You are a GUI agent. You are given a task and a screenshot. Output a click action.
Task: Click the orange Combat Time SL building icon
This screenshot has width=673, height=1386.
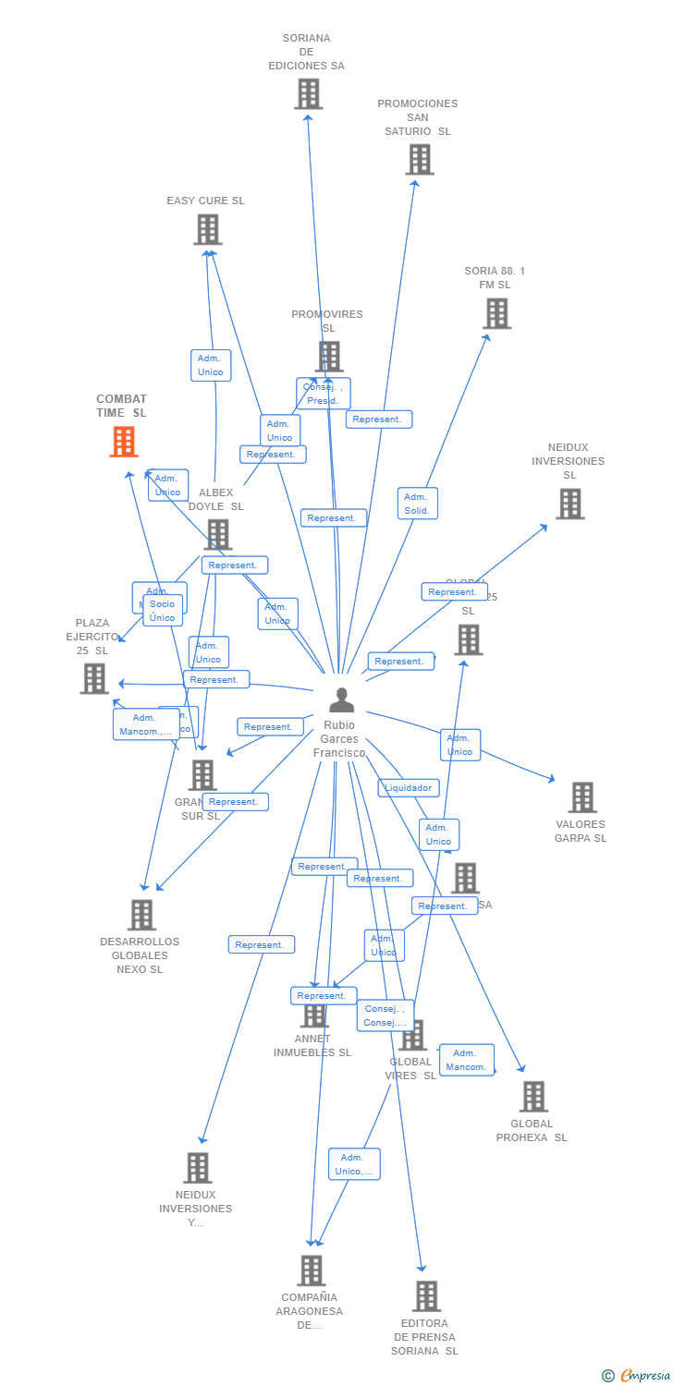[124, 442]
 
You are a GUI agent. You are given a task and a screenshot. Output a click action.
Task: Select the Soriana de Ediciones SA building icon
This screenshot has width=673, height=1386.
[309, 93]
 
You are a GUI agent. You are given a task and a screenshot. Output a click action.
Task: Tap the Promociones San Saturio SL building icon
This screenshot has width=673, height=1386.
[420, 159]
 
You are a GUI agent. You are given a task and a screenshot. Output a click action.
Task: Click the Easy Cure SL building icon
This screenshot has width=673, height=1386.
[208, 229]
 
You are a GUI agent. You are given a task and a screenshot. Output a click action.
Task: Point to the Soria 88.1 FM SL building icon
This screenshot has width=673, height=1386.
[497, 313]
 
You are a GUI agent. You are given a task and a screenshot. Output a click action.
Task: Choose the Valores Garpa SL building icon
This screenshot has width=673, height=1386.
[582, 796]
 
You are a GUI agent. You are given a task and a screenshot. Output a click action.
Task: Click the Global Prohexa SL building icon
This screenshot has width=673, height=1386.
[533, 1097]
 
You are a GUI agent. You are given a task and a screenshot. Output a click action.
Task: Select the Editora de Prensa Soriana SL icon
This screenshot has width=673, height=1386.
[426, 1296]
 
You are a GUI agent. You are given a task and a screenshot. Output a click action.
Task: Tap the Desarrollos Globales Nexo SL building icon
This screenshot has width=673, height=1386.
[141, 915]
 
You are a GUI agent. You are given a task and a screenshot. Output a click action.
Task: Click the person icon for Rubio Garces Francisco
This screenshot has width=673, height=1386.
[341, 699]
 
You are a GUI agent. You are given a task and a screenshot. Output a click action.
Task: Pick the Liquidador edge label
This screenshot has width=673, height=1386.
[409, 788]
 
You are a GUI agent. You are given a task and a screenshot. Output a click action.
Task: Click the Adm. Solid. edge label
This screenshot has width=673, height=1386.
[417, 504]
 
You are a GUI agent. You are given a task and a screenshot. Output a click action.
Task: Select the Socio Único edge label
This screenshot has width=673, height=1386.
[163, 611]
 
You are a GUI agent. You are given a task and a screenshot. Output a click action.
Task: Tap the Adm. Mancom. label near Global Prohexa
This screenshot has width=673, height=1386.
[466, 1060]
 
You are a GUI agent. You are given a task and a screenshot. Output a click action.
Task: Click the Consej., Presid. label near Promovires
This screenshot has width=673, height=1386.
[323, 394]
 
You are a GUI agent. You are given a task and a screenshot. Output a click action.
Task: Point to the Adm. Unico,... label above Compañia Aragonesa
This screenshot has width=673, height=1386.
[354, 1164]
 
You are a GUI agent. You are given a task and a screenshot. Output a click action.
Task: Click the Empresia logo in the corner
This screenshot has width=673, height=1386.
[637, 1376]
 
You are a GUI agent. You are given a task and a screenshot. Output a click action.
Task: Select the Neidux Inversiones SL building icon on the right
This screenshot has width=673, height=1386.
[569, 504]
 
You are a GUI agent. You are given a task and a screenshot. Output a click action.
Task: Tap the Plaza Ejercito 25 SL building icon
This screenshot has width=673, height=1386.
[94, 678]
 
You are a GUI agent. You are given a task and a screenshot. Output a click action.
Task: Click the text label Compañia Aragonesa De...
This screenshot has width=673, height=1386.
[310, 1311]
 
